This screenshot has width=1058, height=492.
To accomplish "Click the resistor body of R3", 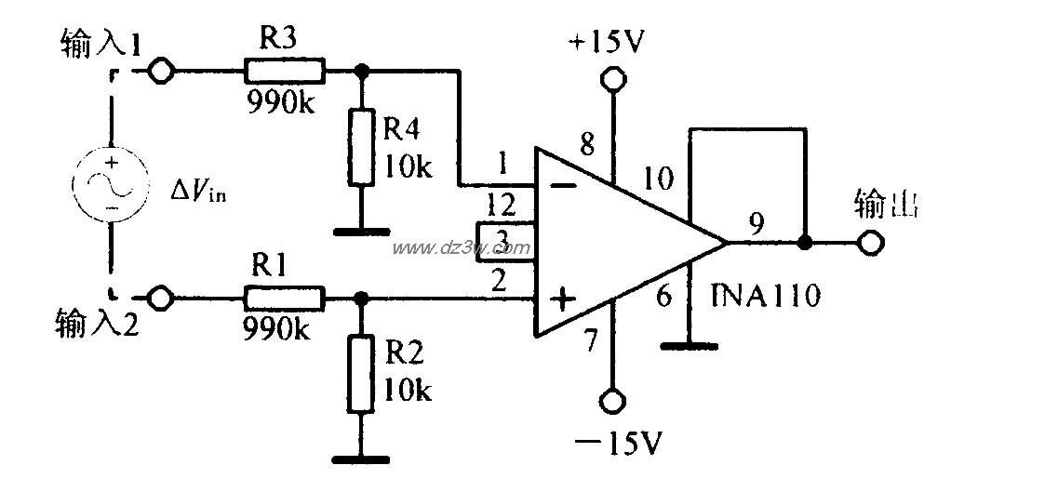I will point(284,70).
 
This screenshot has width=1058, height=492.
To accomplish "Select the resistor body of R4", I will point(362,146).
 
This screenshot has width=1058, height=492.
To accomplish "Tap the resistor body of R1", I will point(284,299).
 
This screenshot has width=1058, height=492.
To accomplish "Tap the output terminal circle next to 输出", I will point(870,244).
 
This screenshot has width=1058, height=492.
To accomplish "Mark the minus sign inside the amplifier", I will point(562,185).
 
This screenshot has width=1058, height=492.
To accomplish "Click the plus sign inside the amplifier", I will point(562,299).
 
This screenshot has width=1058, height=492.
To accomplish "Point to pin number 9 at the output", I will point(758,222).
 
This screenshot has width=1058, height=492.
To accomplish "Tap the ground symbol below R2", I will point(362,457).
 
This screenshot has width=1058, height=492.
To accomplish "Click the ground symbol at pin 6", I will point(689,346).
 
